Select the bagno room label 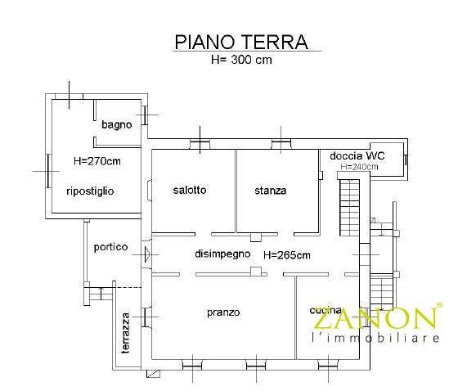pyautogui.click(x=117, y=125)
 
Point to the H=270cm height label pyautogui.click(x=97, y=161)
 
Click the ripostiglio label pyautogui.click(x=90, y=191)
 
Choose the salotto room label pyautogui.click(x=190, y=190)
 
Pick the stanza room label pyautogui.click(x=271, y=191)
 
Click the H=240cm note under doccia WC pyautogui.click(x=360, y=167)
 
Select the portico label pyautogui.click(x=110, y=247)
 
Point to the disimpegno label pyautogui.click(x=222, y=254)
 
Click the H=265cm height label pyautogui.click(x=287, y=254)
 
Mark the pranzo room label pyautogui.click(x=223, y=312)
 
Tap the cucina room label pyautogui.click(x=321, y=311)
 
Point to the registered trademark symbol pyautogui.click(x=439, y=305)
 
